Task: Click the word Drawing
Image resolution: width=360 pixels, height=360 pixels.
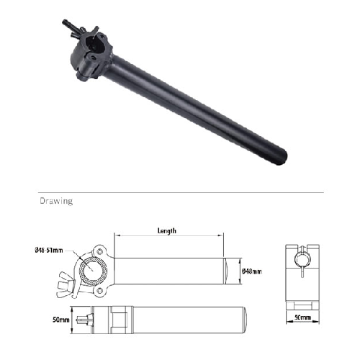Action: click(56, 201)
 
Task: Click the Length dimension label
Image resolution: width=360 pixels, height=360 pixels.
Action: click(167, 231)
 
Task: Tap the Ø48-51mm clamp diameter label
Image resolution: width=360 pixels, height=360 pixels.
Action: click(49, 251)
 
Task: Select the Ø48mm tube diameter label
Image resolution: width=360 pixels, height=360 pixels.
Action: click(252, 271)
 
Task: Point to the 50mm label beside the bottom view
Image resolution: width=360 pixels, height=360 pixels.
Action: click(61, 320)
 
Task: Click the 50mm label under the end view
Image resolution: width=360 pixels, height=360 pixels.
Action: click(302, 318)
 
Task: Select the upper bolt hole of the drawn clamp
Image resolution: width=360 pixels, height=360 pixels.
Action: click(100, 252)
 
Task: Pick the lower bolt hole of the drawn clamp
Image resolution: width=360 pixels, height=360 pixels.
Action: click(99, 291)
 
